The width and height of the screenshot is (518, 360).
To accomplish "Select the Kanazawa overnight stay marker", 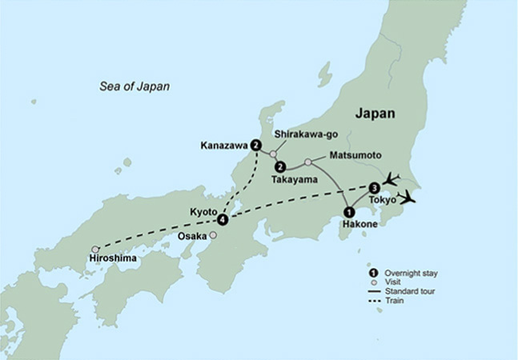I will pos(255,146).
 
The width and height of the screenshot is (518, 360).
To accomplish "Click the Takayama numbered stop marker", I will pos(280,167).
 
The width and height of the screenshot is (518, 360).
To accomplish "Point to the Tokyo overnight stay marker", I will pos(374,188).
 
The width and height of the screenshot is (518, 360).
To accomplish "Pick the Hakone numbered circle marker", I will pos(348,212).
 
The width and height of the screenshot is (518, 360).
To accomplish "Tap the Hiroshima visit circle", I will pos(95,249).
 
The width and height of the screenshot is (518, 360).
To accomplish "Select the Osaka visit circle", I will pos(213,235).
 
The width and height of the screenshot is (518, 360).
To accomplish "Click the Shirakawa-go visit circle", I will pos(273,154).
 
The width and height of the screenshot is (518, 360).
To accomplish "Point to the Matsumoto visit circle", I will pos(308,162).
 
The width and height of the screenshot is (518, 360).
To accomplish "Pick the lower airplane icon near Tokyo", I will pos(408,196).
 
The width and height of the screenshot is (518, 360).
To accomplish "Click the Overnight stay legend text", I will pos(411,274).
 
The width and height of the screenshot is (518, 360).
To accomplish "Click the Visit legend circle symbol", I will pos(373,283).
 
